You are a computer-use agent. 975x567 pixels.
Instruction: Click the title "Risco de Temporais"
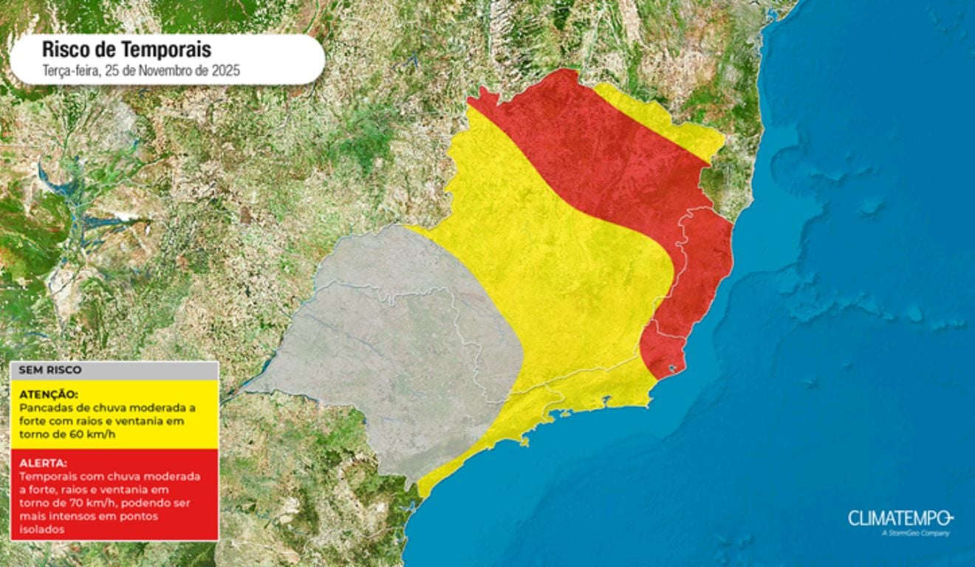click(x=126, y=49)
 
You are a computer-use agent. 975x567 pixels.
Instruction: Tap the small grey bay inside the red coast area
click(x=672, y=367)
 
